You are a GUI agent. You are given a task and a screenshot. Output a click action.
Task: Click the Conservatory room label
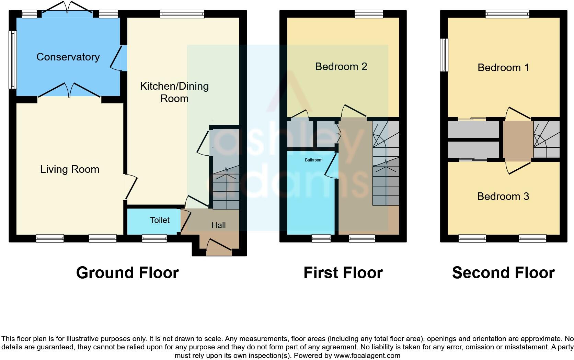[68, 57]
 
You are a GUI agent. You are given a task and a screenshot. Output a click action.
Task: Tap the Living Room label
[70, 169]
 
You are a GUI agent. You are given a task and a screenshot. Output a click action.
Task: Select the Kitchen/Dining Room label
[174, 92]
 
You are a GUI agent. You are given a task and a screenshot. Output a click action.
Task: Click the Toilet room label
[160, 220]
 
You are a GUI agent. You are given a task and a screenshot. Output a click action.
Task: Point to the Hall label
[218, 225]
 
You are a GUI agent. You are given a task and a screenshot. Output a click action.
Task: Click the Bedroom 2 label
[341, 67]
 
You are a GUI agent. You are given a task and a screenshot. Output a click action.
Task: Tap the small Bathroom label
[313, 160]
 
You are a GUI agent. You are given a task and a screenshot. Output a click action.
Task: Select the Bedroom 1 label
[503, 68]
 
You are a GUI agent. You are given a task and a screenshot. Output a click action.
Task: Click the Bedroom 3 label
[503, 196]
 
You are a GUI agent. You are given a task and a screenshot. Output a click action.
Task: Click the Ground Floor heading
[127, 273]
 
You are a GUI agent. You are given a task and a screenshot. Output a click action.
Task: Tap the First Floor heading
[343, 273]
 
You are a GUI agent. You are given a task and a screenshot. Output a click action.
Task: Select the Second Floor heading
[503, 273]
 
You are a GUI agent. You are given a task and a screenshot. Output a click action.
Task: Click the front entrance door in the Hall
[219, 247]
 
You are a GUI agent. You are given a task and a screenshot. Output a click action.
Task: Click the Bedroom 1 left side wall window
[444, 55]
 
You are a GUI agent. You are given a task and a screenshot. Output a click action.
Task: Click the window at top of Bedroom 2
[369, 14]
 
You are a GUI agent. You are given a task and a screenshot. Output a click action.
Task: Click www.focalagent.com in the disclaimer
[367, 356]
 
